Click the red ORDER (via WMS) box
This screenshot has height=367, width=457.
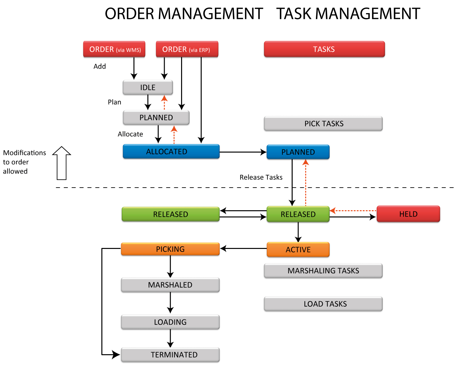[114, 49]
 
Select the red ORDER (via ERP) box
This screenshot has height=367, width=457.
[187, 49]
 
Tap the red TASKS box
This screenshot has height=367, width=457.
[324, 49]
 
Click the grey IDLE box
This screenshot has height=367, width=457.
[148, 88]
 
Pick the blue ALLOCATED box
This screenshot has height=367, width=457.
[171, 152]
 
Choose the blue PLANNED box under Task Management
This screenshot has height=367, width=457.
[298, 152]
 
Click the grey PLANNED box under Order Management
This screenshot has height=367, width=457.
[156, 117]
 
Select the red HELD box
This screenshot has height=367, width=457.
[408, 214]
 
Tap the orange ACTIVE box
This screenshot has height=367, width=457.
[298, 250]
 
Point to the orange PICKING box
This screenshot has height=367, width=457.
[170, 249]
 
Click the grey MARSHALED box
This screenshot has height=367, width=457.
[170, 285]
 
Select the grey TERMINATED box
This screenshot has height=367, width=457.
[170, 355]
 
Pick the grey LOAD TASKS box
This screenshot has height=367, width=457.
[323, 304]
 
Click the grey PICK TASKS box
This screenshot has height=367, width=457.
[323, 124]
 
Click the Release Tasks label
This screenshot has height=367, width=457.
[261, 177]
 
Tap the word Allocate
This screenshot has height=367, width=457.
[130, 134]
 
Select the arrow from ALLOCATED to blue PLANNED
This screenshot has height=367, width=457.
[243, 152]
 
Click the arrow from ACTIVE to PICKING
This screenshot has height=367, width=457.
[243, 249]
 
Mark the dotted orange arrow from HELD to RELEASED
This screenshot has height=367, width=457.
[353, 211]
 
